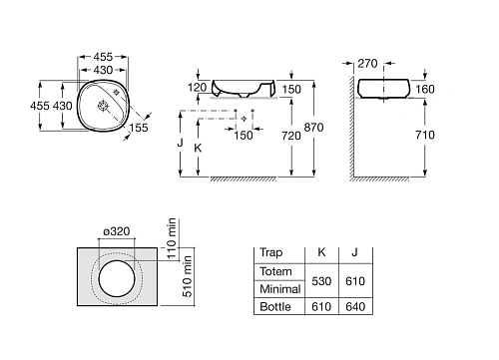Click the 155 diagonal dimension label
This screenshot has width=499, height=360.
tap(139, 128)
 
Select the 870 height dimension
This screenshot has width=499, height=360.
tap(313, 127)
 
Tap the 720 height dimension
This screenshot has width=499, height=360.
tap(291, 136)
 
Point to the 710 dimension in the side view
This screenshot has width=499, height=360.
tap(425, 135)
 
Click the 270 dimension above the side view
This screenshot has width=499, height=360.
tap(367, 63)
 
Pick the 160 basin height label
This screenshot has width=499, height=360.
tap(425, 89)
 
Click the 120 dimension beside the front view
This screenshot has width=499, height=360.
tap(198, 88)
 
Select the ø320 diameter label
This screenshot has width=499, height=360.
tap(117, 231)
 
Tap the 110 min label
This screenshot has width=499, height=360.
tap(171, 238)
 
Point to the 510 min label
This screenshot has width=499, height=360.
tap(188, 276)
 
